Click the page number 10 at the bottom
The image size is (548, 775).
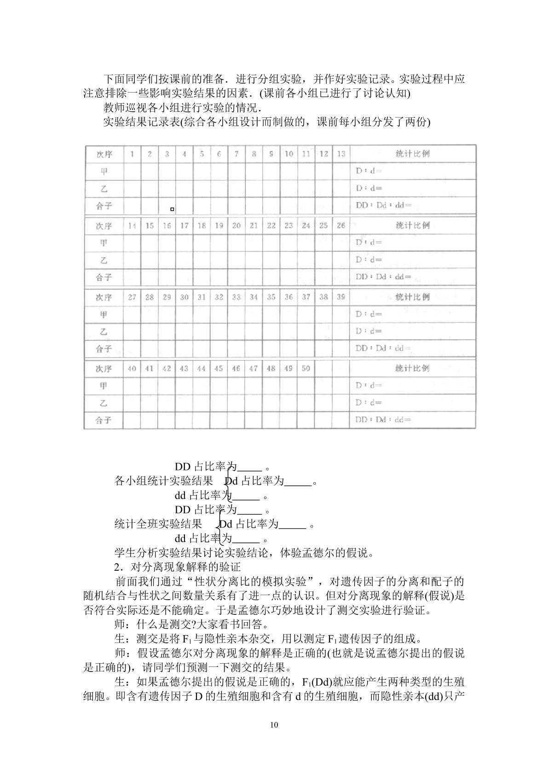(274, 725)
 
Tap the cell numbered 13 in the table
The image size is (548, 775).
(341, 154)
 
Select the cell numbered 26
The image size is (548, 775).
(341, 226)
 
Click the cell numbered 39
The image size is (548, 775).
(341, 297)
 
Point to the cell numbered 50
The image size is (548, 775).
(306, 368)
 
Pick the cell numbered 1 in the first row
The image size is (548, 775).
(132, 154)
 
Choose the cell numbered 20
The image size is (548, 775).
(237, 226)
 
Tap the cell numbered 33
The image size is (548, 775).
(237, 297)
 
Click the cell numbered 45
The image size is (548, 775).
(219, 368)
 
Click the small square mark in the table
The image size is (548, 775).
(172, 209)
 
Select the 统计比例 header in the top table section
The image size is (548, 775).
(412, 154)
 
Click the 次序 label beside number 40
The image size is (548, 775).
(104, 369)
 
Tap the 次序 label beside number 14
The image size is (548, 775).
(104, 226)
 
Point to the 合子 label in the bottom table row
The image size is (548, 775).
(104, 420)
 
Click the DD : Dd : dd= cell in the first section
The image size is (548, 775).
(384, 205)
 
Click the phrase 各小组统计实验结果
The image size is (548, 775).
(163, 481)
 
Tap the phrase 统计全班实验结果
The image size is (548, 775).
(158, 524)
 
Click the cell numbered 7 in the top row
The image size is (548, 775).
(237, 154)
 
